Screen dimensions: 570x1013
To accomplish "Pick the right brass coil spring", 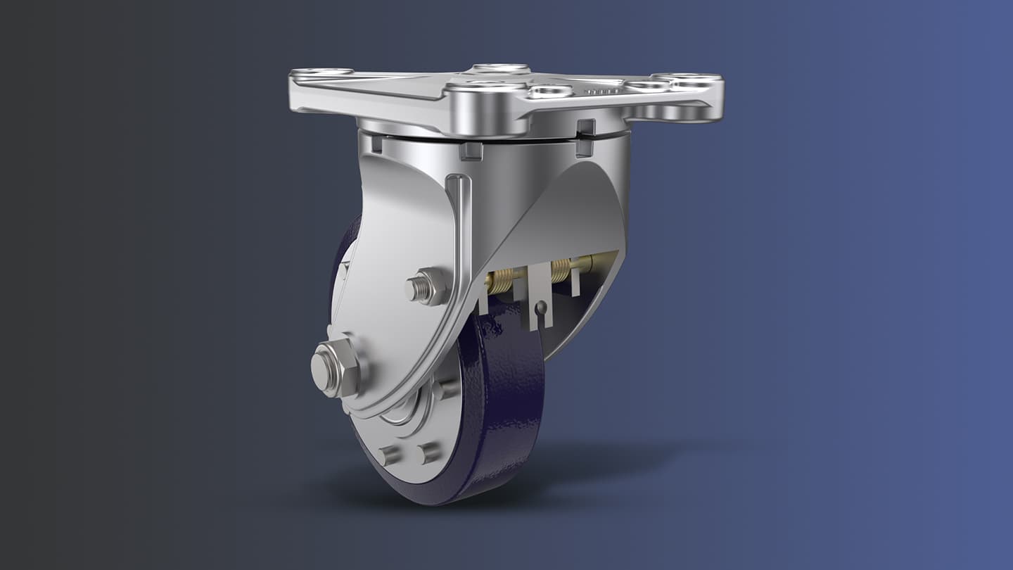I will tap(561, 270).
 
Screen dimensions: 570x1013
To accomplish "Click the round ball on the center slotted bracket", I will tap(540, 308).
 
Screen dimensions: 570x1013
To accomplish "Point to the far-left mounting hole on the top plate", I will tap(320, 72).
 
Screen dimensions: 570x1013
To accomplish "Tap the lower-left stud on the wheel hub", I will tap(389, 455).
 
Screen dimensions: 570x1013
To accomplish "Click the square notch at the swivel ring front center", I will tap(471, 151).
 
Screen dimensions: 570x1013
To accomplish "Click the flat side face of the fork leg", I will tap(394, 232).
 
